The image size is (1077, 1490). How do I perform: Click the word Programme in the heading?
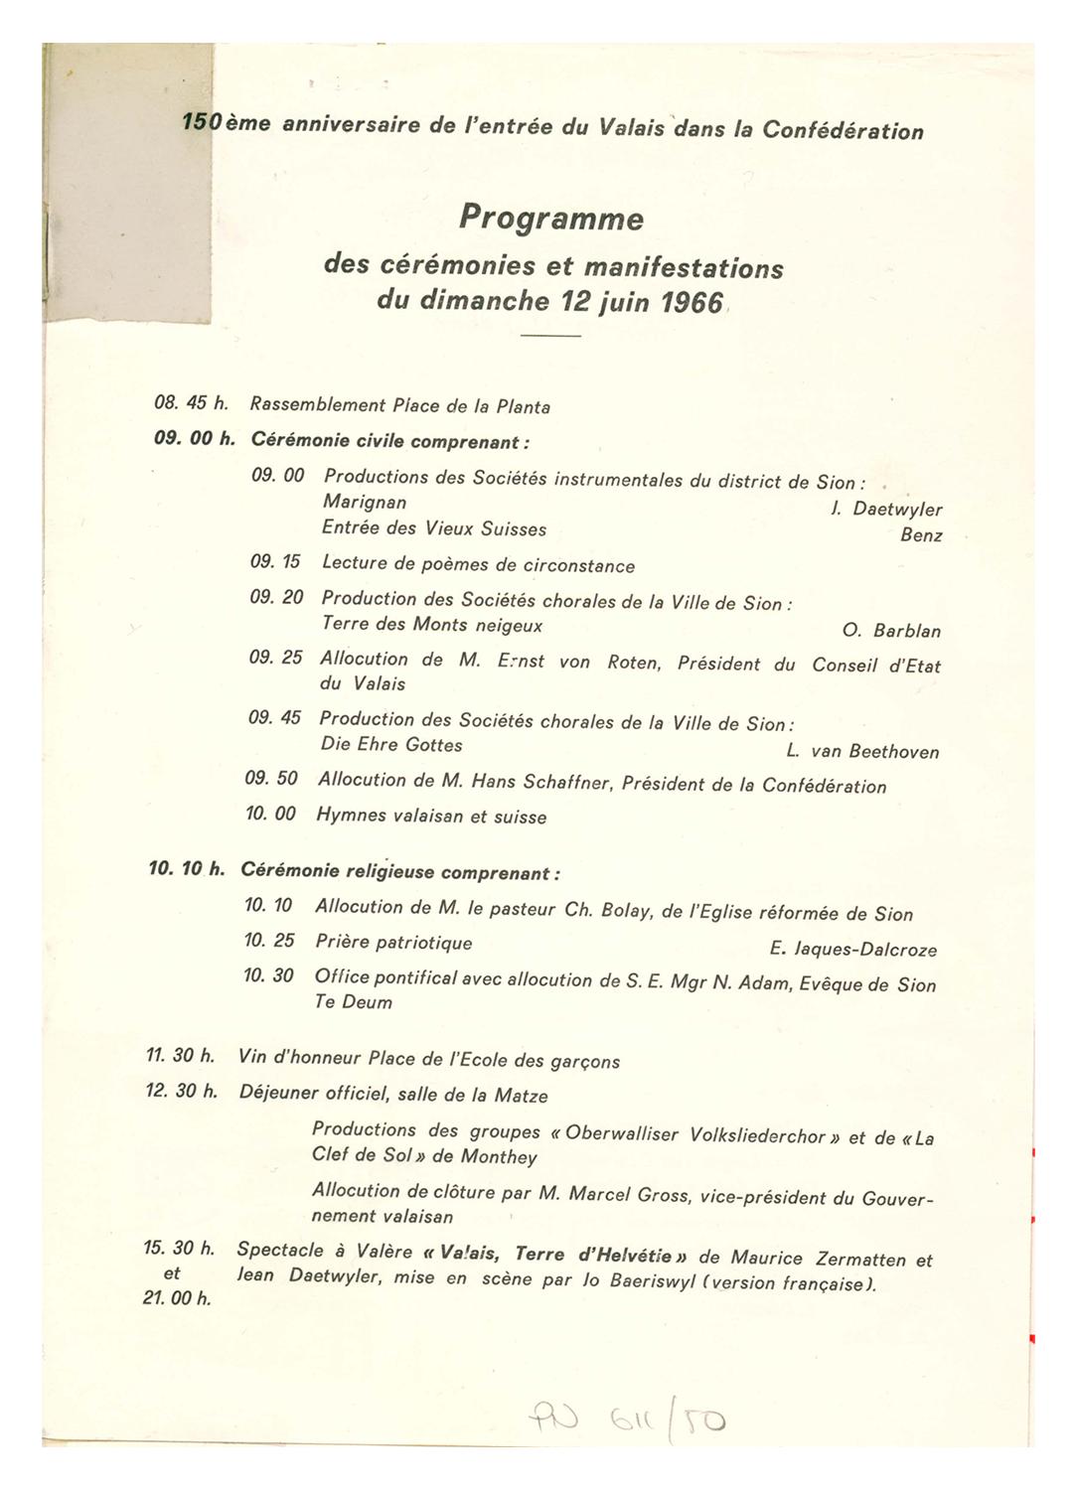click(x=551, y=219)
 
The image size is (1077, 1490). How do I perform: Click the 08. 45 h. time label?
click(x=192, y=403)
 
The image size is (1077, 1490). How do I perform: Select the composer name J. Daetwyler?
click(x=886, y=509)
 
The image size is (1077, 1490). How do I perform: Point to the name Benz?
click(x=921, y=535)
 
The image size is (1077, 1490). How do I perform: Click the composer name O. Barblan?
click(x=891, y=631)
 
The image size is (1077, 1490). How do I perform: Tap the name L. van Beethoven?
click(x=862, y=752)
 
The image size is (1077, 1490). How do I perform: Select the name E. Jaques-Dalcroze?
click(x=852, y=950)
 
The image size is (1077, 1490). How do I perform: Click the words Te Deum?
click(x=354, y=1002)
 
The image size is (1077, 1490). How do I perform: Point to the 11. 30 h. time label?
click(x=181, y=1055)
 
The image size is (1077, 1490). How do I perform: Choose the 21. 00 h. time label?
click(x=177, y=1298)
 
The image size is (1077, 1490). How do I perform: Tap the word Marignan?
click(x=365, y=503)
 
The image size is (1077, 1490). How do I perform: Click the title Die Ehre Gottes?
click(x=391, y=745)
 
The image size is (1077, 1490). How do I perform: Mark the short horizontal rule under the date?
click(x=550, y=337)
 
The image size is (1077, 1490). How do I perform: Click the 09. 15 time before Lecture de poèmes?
click(x=275, y=562)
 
